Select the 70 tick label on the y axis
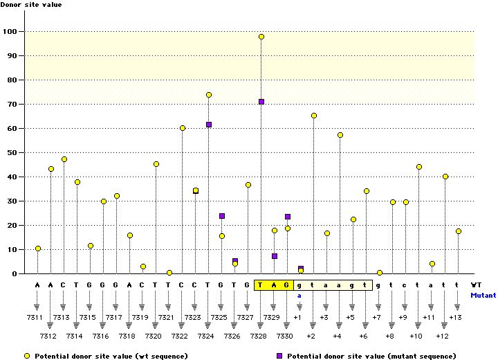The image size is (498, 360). click(11, 105)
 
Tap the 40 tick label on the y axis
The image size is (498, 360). click(11, 177)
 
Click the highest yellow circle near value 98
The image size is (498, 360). click(261, 37)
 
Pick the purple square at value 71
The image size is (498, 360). click(261, 102)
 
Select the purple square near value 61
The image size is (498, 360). click(209, 125)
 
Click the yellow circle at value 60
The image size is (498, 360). click(183, 128)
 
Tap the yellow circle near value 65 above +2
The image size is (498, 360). click(314, 116)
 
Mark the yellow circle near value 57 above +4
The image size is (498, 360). click(340, 135)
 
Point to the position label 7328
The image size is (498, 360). click(261, 336)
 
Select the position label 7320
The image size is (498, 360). click(156, 336)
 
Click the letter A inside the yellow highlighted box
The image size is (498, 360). click(275, 285)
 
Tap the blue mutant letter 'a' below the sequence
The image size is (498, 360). click(300, 295)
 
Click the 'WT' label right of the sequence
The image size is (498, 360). click(476, 285)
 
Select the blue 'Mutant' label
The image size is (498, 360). click(483, 295)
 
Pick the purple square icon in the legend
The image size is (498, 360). click(279, 355)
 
